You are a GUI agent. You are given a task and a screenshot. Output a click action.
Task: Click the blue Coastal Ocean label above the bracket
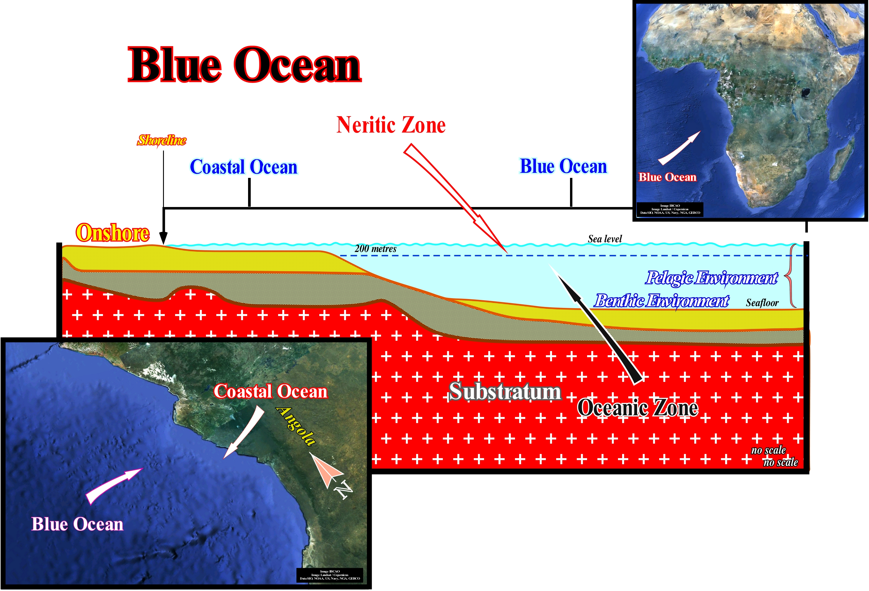(x=243, y=167)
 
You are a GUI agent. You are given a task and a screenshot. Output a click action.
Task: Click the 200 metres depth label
(x=375, y=248)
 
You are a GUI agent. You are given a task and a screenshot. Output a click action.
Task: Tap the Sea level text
(x=605, y=239)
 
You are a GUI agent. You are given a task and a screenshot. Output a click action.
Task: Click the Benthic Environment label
(x=661, y=301)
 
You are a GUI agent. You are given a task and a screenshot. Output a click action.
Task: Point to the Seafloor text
(x=762, y=303)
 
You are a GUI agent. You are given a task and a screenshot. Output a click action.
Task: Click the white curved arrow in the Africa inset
(x=679, y=148)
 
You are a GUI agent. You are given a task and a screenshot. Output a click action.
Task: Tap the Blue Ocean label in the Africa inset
(x=667, y=177)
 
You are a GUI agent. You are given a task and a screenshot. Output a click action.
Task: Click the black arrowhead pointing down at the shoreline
(x=163, y=238)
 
